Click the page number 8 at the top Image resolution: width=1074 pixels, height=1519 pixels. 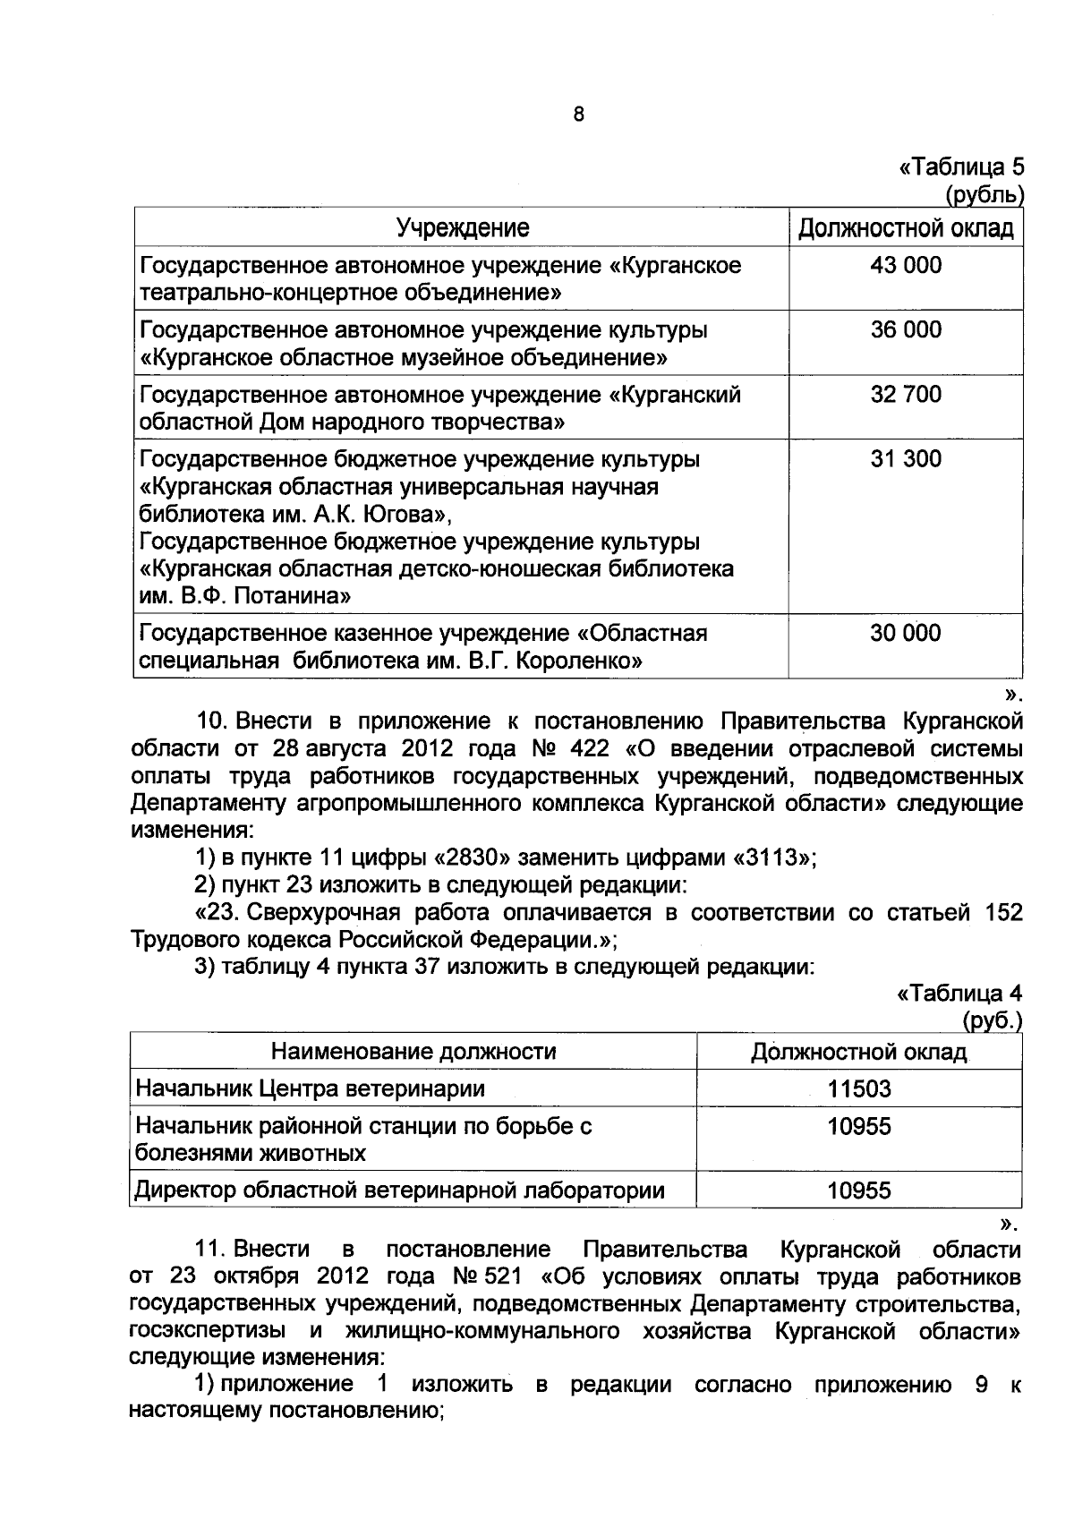pyautogui.click(x=578, y=115)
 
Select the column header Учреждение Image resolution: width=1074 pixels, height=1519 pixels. pyautogui.click(x=462, y=228)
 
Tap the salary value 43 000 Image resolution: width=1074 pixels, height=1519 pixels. pyautogui.click(x=906, y=265)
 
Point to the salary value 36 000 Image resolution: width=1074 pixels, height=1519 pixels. pyautogui.click(x=906, y=329)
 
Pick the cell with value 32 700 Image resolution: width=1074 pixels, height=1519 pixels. pyautogui.click(x=906, y=394)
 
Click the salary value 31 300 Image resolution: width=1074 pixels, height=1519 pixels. pyautogui.click(x=906, y=459)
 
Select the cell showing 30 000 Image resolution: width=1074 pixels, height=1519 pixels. pyautogui.click(x=906, y=634)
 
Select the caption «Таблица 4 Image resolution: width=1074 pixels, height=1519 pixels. pyautogui.click(x=959, y=994)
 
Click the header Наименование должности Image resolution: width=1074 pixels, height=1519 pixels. pyautogui.click(x=413, y=1051)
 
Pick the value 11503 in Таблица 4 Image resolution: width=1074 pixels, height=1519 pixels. pyautogui.click(x=859, y=1089)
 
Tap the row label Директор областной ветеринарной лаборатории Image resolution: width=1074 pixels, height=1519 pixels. pyautogui.click(x=400, y=1190)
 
